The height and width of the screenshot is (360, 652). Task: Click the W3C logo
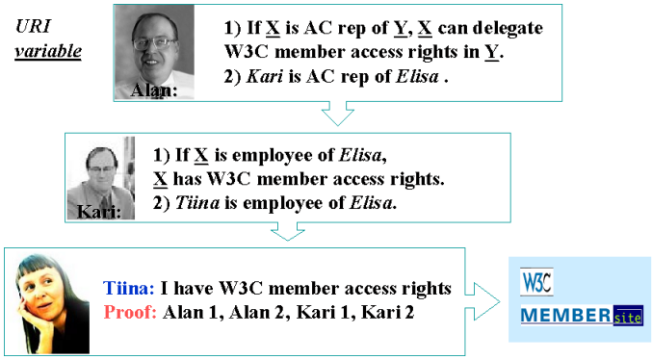tap(536, 283)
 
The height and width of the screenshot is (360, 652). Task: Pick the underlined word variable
tap(48, 51)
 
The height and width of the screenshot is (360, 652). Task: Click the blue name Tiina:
tap(128, 288)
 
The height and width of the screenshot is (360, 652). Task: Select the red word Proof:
tap(130, 312)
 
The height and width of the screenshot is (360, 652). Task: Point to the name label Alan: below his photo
tap(155, 92)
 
